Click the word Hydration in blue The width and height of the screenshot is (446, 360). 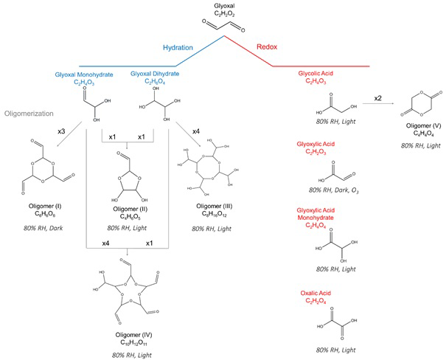(x=178, y=48)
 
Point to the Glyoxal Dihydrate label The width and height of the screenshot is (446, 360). (x=155, y=75)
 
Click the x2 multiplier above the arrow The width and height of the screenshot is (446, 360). (x=377, y=98)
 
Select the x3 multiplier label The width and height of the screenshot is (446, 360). (x=63, y=131)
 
